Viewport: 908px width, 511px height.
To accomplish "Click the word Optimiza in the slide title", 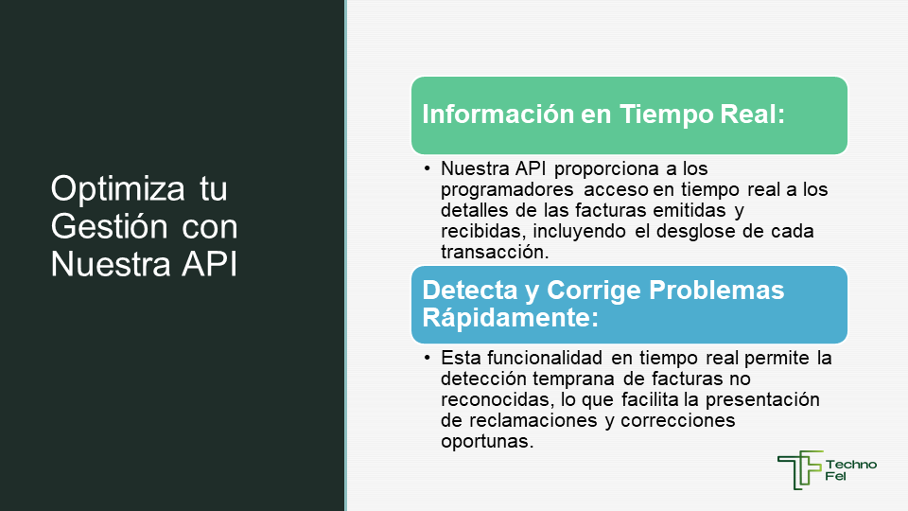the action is click(x=117, y=189).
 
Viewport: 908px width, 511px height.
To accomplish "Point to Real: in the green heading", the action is click(x=752, y=115).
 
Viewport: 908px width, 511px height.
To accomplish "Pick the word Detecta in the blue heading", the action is click(x=470, y=291).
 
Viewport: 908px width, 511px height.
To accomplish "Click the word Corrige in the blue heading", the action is click(x=594, y=291).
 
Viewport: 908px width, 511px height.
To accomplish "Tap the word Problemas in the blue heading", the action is click(x=716, y=291).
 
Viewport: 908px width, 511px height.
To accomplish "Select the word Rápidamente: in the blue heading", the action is click(x=510, y=318).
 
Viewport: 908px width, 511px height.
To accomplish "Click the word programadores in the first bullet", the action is click(x=507, y=190).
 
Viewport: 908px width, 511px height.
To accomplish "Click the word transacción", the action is click(x=495, y=252).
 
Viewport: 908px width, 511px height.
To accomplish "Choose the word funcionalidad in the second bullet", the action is click(x=545, y=358).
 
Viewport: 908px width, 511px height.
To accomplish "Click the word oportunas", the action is click(x=487, y=442).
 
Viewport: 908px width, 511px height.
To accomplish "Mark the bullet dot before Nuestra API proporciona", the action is click(x=428, y=168).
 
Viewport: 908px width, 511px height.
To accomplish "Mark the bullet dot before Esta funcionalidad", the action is click(x=428, y=358).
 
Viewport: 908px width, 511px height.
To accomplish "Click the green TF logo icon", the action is click(x=800, y=470).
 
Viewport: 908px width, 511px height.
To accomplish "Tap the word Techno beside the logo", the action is click(x=850, y=464).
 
